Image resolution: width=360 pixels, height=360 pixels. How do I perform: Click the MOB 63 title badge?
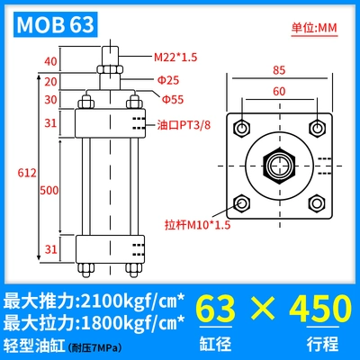point(56,24)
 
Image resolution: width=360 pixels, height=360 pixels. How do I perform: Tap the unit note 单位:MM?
point(314,28)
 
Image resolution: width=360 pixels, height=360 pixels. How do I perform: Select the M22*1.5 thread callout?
point(175,57)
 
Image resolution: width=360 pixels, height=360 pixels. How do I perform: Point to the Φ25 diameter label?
point(168,80)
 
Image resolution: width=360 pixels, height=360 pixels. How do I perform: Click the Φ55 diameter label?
point(173,99)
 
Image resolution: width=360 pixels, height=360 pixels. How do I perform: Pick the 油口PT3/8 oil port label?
point(184,125)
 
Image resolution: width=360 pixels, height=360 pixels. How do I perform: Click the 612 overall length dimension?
point(27,173)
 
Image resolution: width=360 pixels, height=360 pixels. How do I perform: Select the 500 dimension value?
point(49,190)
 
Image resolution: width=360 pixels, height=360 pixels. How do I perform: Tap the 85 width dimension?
point(279,70)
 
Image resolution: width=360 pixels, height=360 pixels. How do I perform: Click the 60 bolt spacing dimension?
point(279,91)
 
